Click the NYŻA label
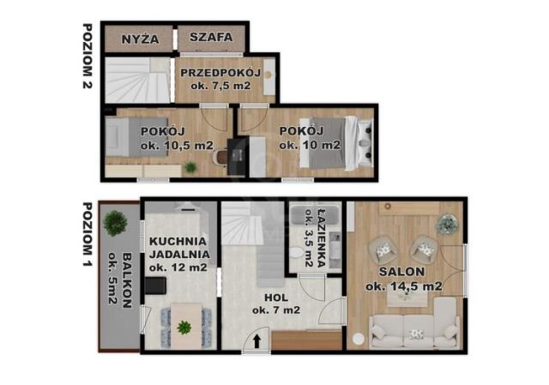[139, 38]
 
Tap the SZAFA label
[210, 38]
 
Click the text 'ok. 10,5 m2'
[177, 145]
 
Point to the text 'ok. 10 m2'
[311, 145]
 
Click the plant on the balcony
[114, 223]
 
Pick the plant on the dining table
[184, 327]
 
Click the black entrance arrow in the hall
[255, 342]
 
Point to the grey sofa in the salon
[413, 330]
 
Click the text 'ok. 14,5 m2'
[403, 286]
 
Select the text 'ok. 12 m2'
[178, 268]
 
